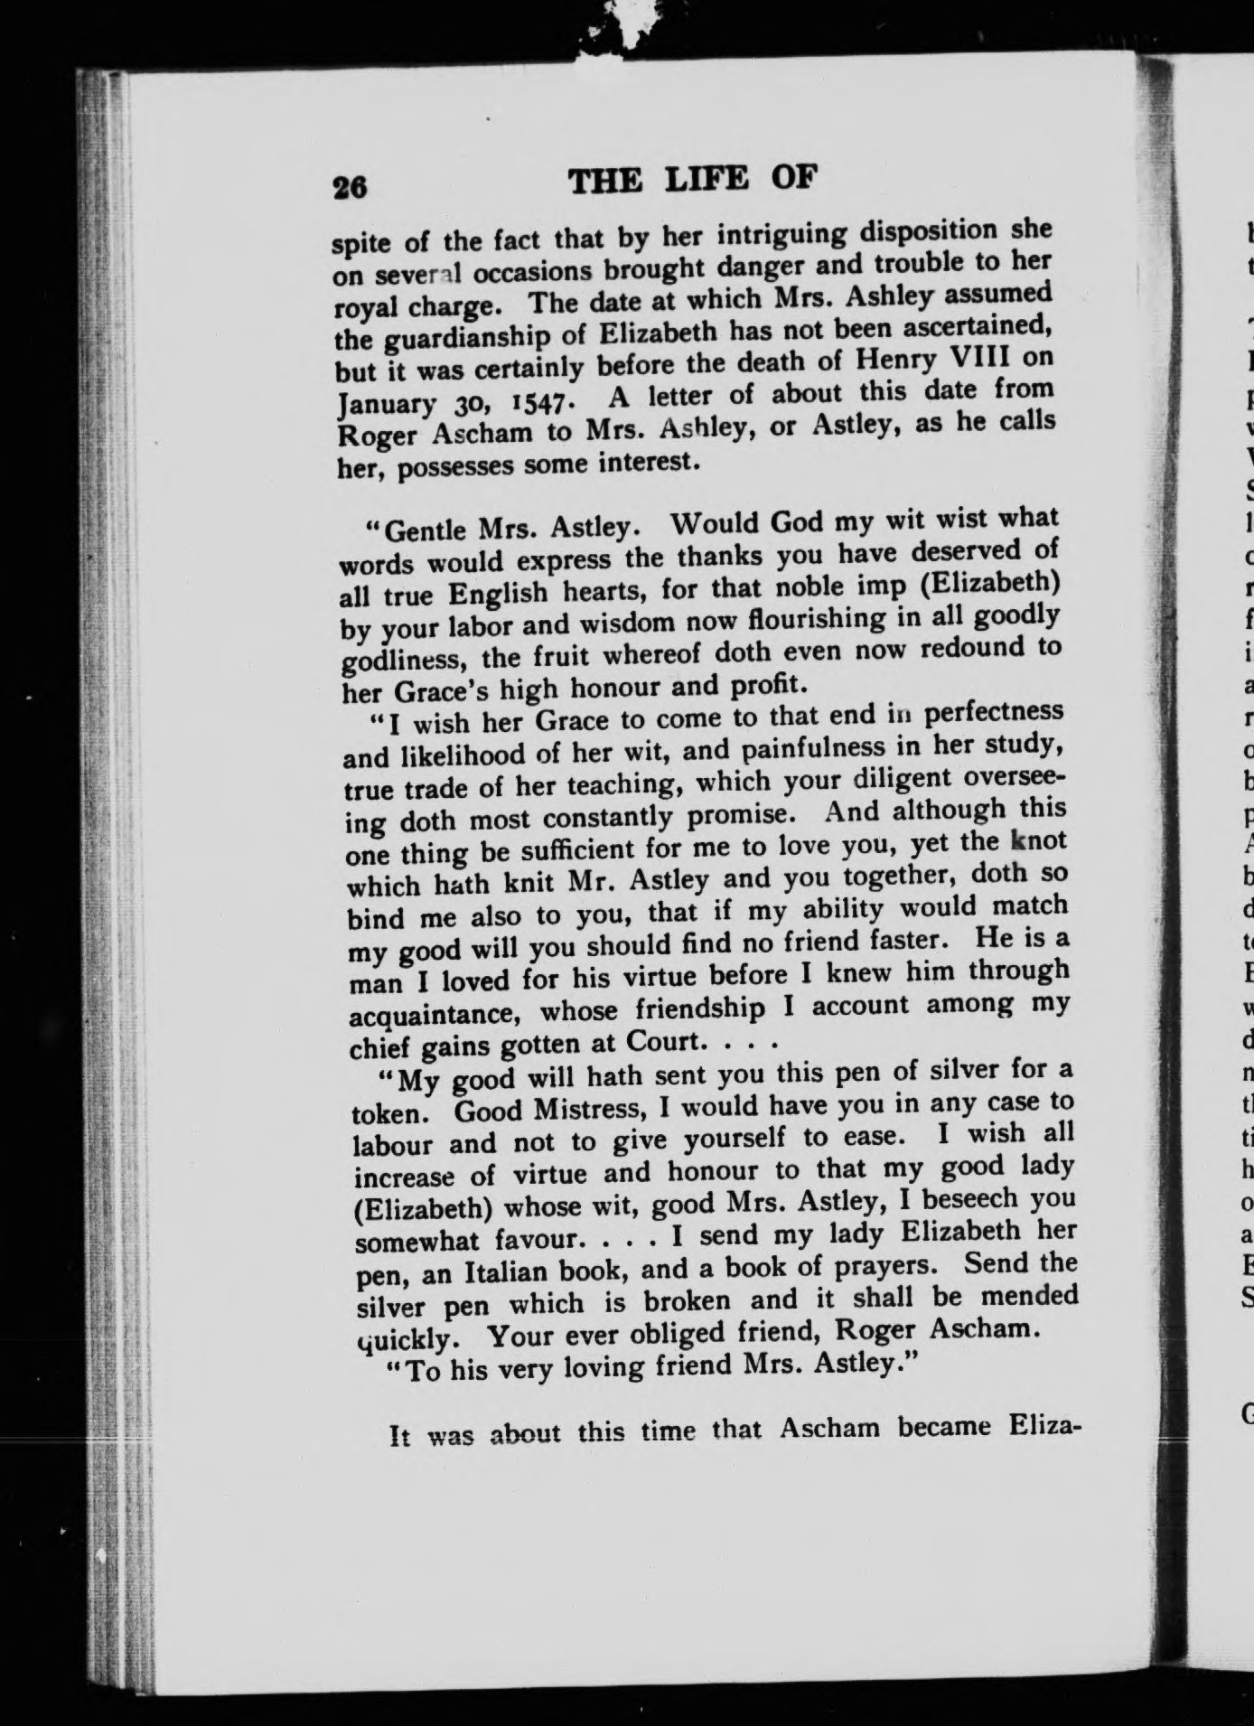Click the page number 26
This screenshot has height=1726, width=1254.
[349, 187]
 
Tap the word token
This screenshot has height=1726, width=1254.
[396, 1112]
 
